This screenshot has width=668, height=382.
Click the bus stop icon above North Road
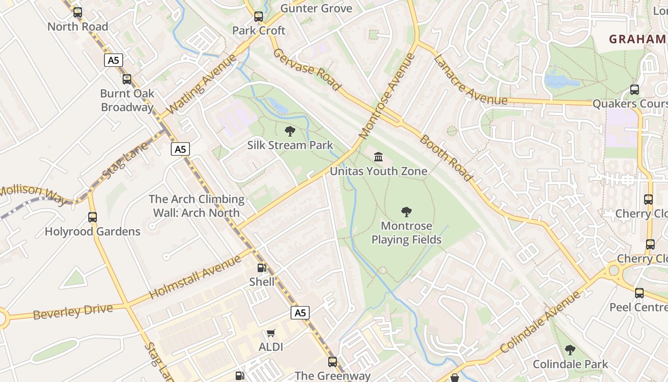point(77,12)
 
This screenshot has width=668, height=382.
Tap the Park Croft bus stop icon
point(259,17)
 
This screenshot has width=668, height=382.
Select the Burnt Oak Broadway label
point(127,100)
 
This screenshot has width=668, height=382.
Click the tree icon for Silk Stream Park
point(290,131)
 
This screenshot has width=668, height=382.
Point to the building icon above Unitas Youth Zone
point(378,157)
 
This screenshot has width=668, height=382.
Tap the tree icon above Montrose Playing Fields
point(407,212)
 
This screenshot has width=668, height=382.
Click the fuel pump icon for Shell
point(261,268)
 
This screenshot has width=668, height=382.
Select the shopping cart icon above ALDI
point(271,333)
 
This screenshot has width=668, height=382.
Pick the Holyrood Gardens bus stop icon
point(93,217)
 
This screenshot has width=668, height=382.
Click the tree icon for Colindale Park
point(570,350)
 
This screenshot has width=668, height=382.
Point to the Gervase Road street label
point(307,70)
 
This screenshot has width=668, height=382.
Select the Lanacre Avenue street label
point(470,80)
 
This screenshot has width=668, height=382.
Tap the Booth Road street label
point(447,158)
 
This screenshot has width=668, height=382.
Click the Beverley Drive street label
point(73,311)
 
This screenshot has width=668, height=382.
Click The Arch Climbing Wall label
point(197,206)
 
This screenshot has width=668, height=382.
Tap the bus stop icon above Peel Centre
point(639,293)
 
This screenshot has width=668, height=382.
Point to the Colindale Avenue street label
point(542,323)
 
